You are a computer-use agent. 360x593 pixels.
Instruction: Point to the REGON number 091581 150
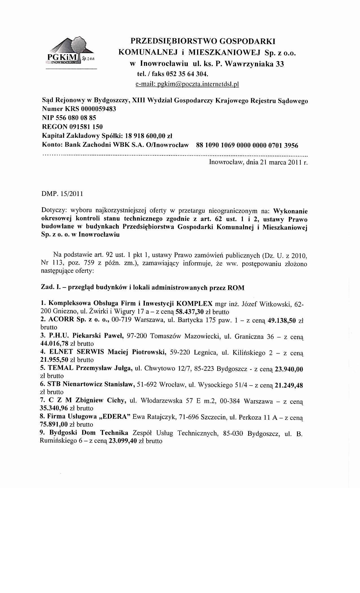[x=84, y=127]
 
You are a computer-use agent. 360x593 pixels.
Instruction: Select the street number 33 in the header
[x=280, y=64]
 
